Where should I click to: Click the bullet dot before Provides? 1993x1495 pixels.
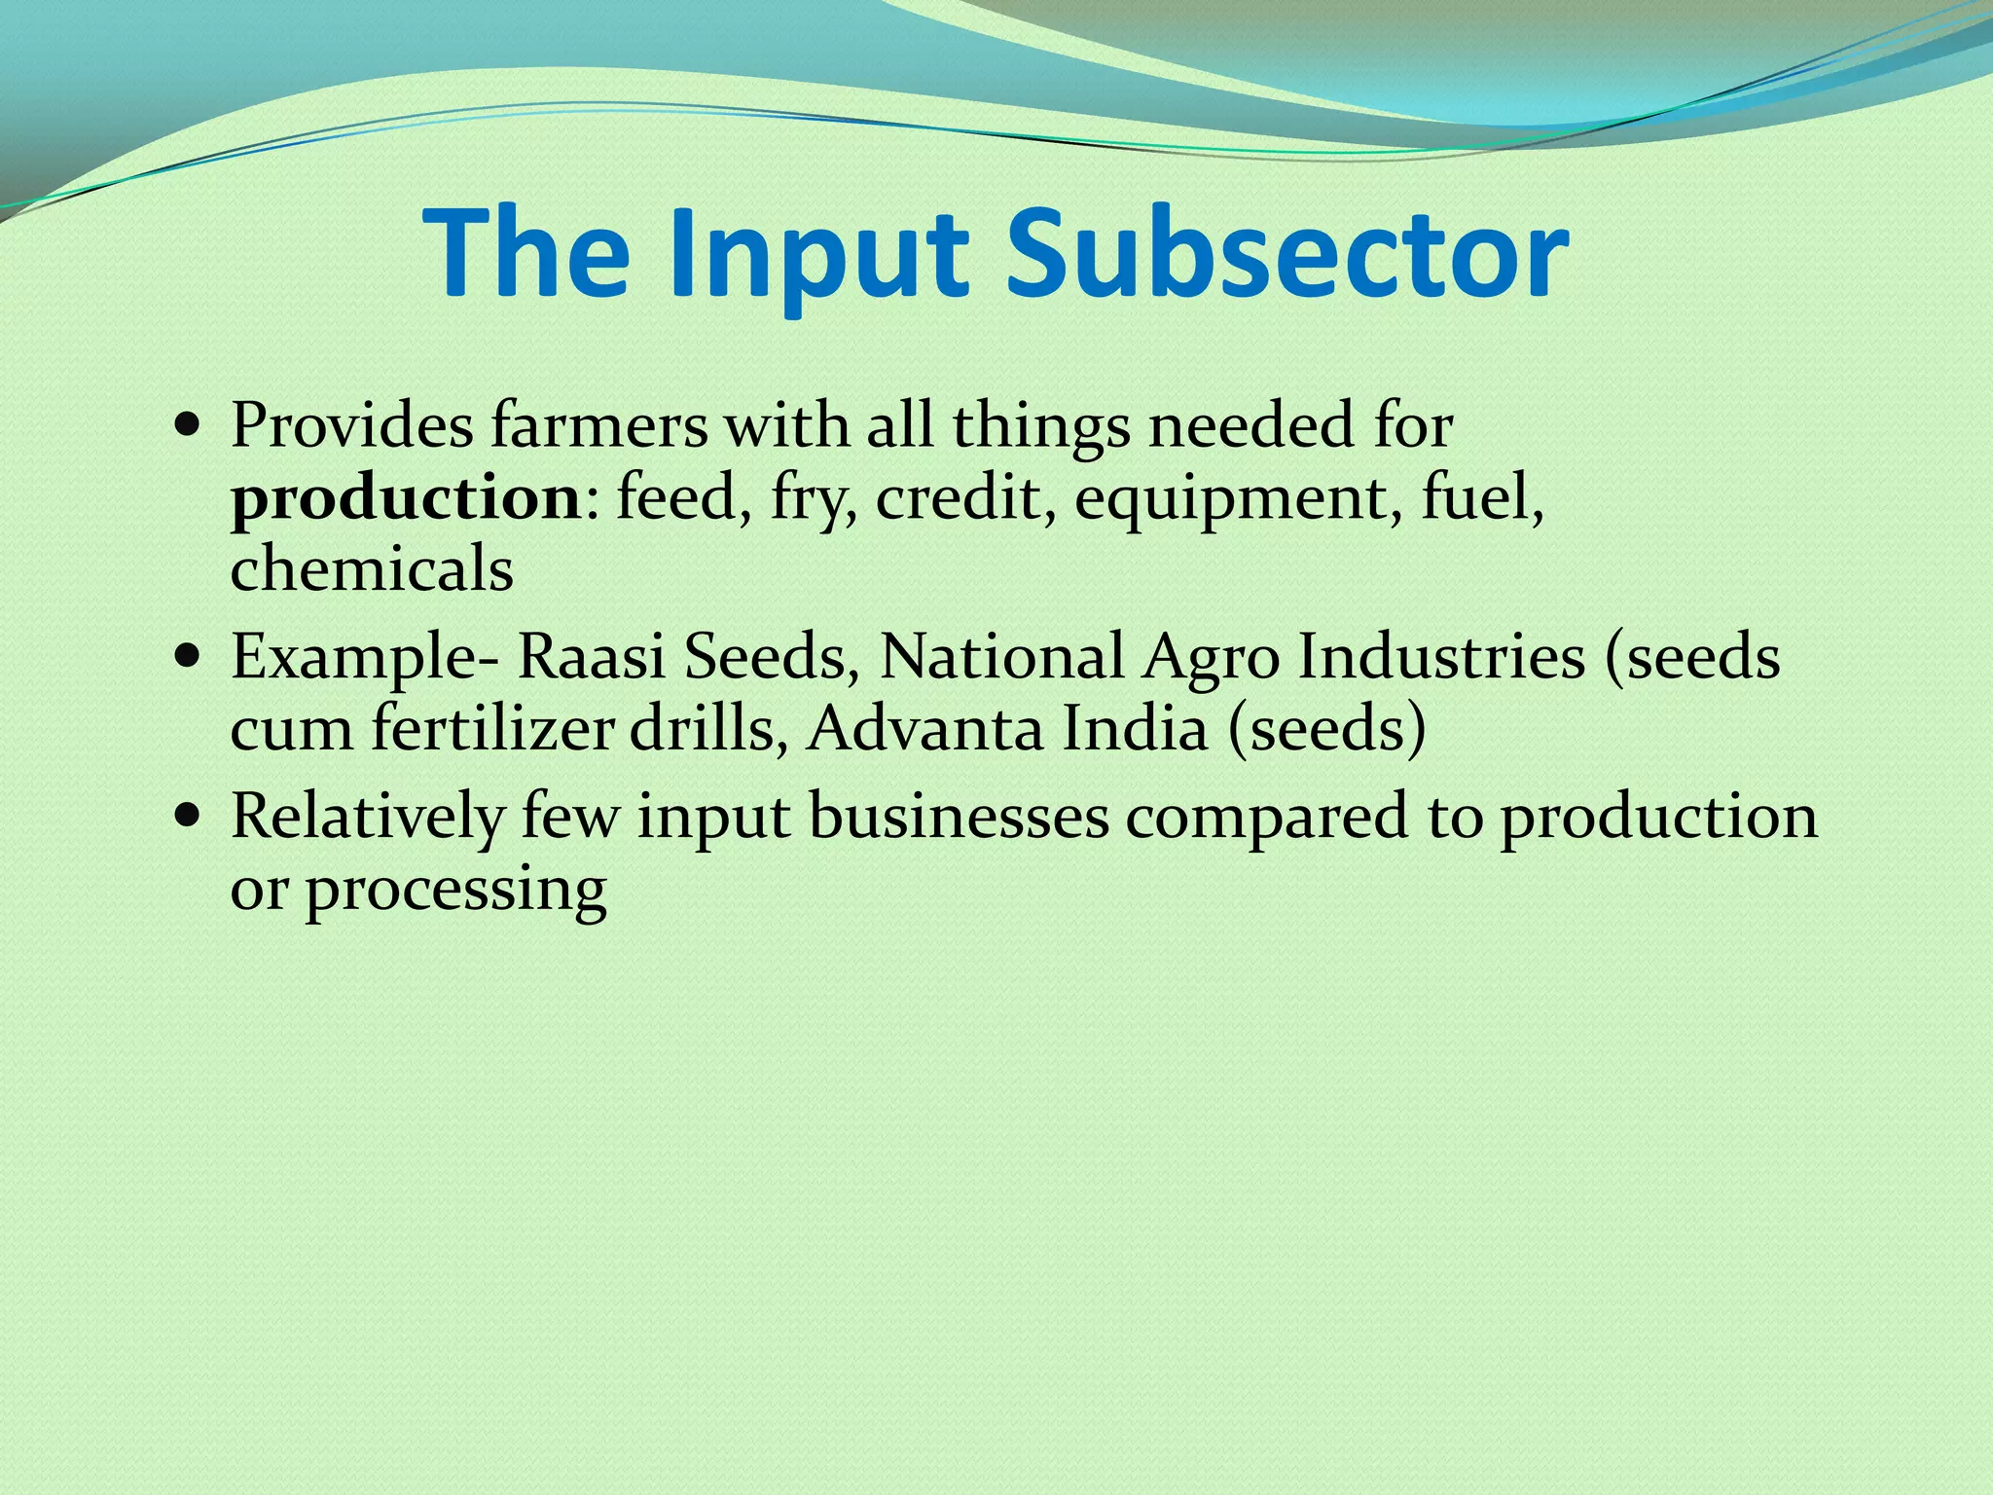pos(187,426)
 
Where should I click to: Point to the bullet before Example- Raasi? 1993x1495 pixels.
pos(187,657)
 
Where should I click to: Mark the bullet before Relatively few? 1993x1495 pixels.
pos(187,816)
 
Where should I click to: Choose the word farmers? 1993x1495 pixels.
pos(598,426)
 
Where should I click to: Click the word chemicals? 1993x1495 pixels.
pos(372,570)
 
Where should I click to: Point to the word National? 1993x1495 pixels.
pos(1001,657)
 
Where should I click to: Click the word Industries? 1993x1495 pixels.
pos(1441,657)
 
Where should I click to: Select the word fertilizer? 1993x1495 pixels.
pos(491,729)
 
